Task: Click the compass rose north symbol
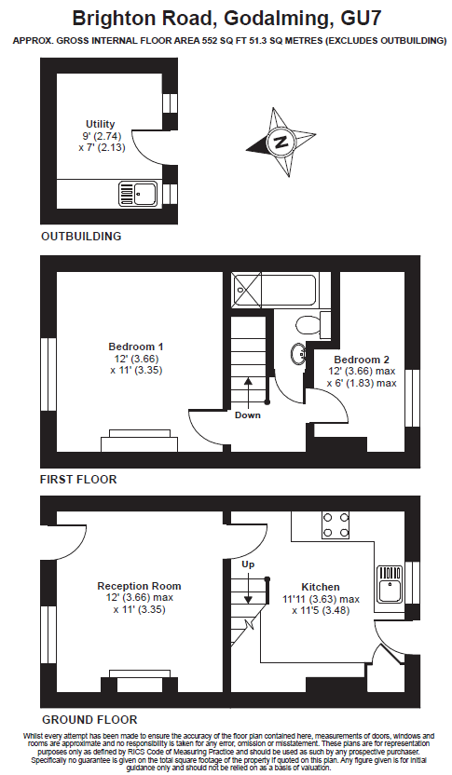[x=281, y=142]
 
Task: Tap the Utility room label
[x=101, y=124]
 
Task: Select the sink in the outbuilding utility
[x=138, y=193]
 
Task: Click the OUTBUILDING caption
[x=81, y=237]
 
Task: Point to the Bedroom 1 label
[x=136, y=347]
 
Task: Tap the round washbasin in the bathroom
[x=299, y=354]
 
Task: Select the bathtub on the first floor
[x=276, y=290]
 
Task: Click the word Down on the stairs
[x=248, y=415]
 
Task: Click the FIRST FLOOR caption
[x=78, y=480]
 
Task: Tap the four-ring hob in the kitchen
[x=336, y=525]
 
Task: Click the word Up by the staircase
[x=248, y=564]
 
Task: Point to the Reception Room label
[x=139, y=586]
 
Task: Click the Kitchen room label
[x=321, y=587]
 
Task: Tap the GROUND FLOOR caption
[x=89, y=720]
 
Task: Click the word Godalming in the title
[x=277, y=19]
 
